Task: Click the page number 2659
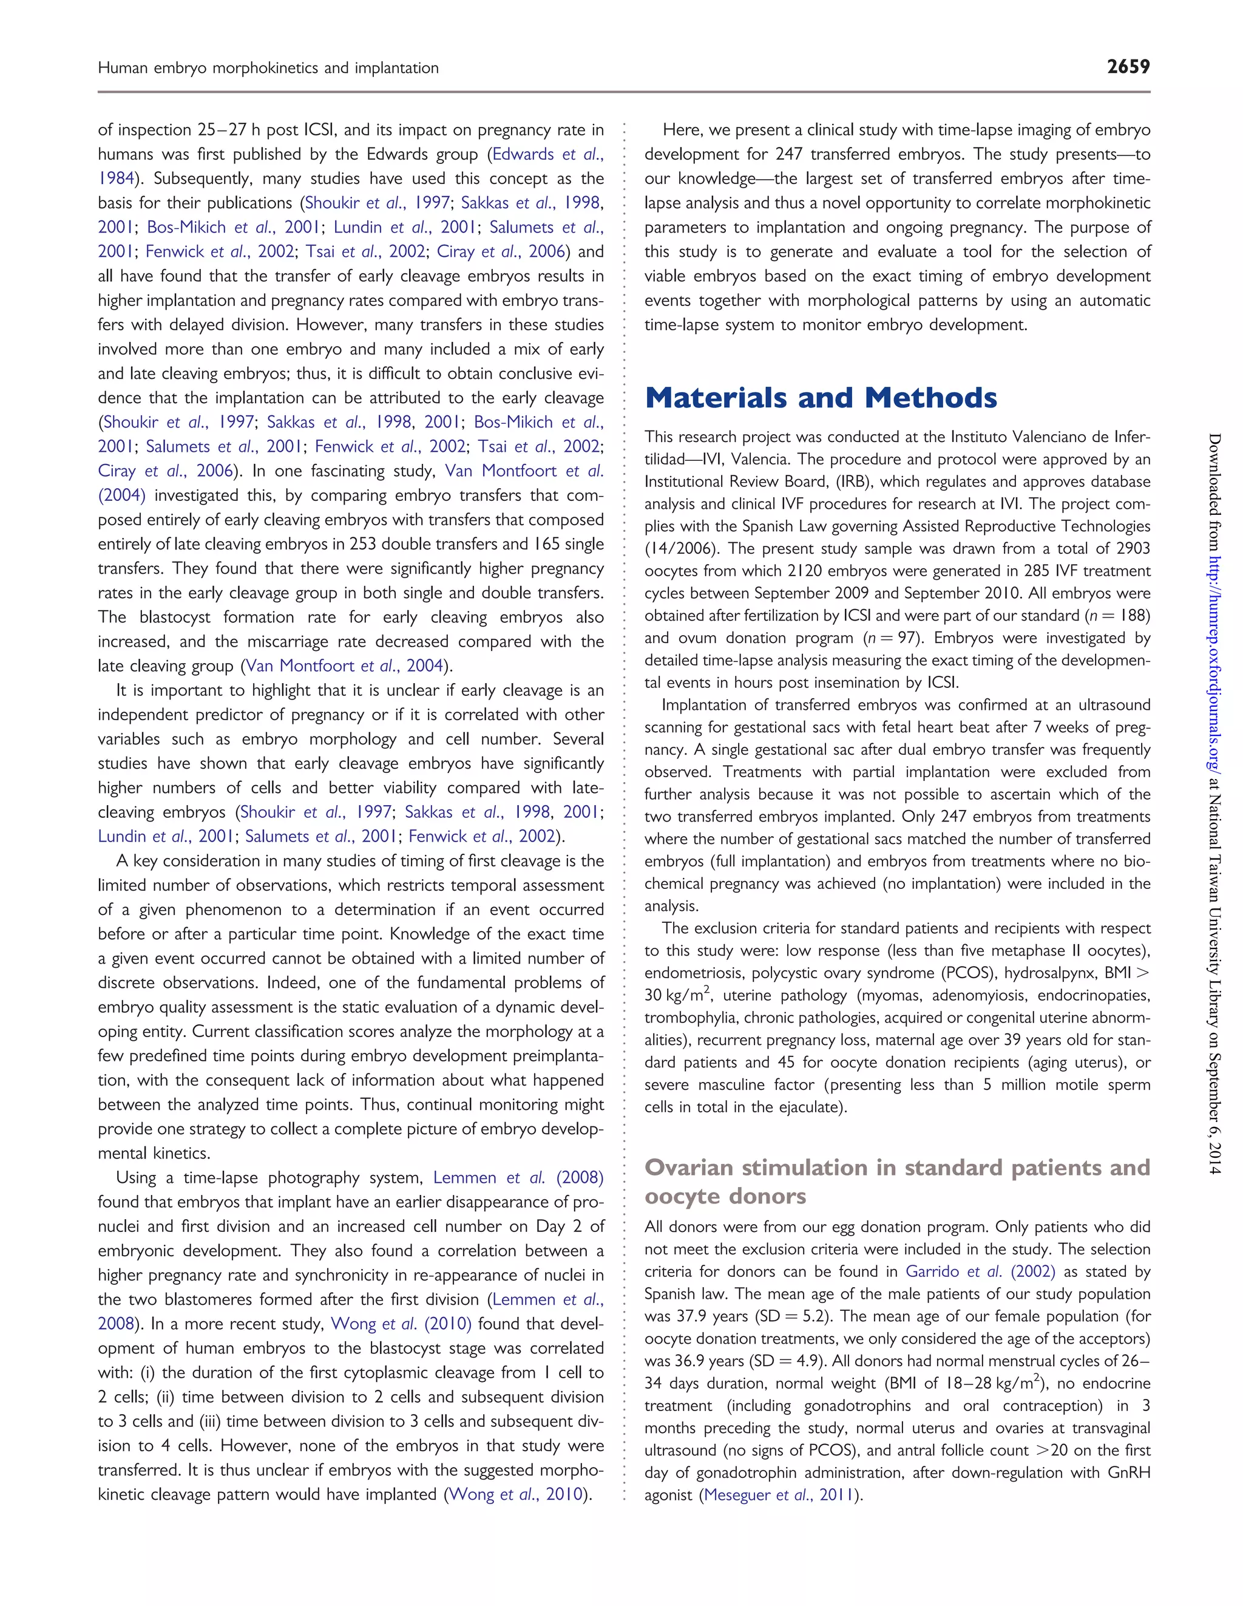[x=1128, y=67]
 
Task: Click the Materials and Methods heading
[x=821, y=398]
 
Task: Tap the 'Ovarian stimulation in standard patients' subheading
[x=897, y=1168]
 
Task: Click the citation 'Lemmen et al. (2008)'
[x=518, y=1178]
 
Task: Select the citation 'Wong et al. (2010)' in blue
[x=401, y=1324]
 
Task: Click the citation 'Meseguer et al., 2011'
[x=780, y=1495]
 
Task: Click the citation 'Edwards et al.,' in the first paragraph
[x=547, y=154]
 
